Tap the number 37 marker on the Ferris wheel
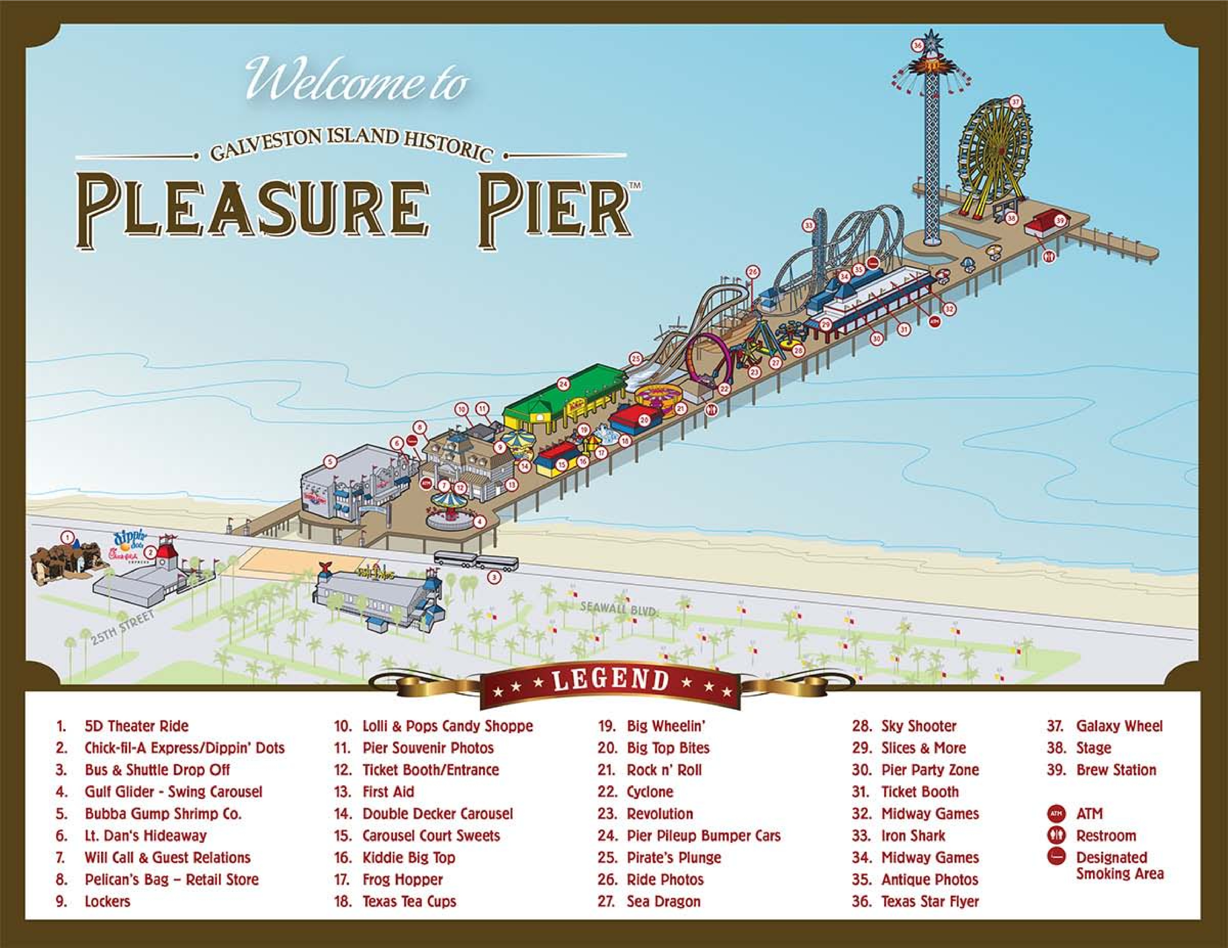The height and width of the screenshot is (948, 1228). point(1016,102)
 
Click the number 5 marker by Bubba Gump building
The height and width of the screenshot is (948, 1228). point(330,462)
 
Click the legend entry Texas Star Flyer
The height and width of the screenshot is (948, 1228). point(930,901)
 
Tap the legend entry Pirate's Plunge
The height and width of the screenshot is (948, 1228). point(674,857)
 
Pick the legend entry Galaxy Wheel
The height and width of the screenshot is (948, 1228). point(1119,726)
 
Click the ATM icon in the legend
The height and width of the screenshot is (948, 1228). point(1056,814)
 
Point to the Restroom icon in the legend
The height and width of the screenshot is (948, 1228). point(1056,836)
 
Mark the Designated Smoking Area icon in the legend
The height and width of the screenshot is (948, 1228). point(1056,857)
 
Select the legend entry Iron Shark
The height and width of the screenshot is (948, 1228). point(913,836)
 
